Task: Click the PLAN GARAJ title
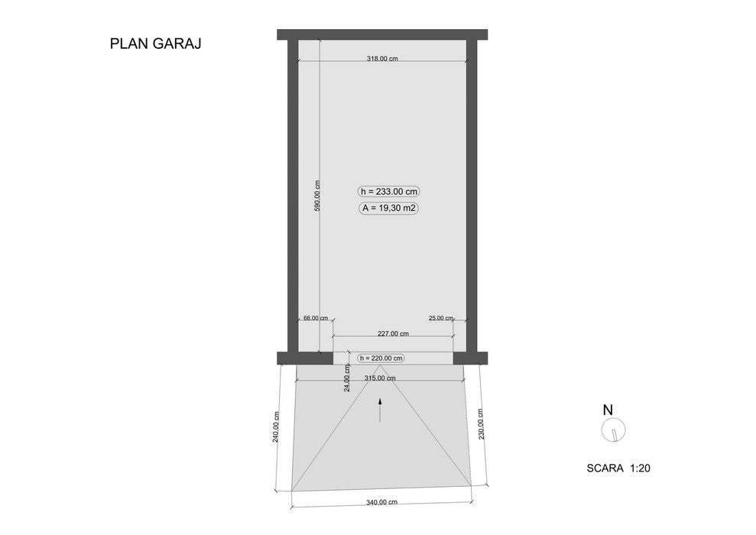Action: coord(155,44)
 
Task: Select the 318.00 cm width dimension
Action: coord(382,59)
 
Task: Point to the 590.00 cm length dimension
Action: coord(316,196)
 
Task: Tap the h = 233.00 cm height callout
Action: coord(390,191)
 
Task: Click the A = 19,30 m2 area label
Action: coord(388,208)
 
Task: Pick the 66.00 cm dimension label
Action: coord(316,318)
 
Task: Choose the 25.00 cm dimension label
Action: coord(441,318)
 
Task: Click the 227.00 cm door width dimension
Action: coord(393,333)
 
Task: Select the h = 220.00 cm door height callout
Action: coord(381,358)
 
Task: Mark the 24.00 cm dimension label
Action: coord(347,378)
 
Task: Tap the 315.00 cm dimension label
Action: coord(380,378)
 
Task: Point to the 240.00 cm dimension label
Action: coord(276,426)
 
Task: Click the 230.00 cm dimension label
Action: coord(480,424)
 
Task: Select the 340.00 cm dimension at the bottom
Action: coord(382,502)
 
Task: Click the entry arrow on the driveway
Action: coord(380,410)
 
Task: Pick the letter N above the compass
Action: coord(608,410)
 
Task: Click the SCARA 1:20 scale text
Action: coord(618,468)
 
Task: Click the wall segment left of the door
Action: coord(305,358)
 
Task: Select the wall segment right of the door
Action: coord(470,358)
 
